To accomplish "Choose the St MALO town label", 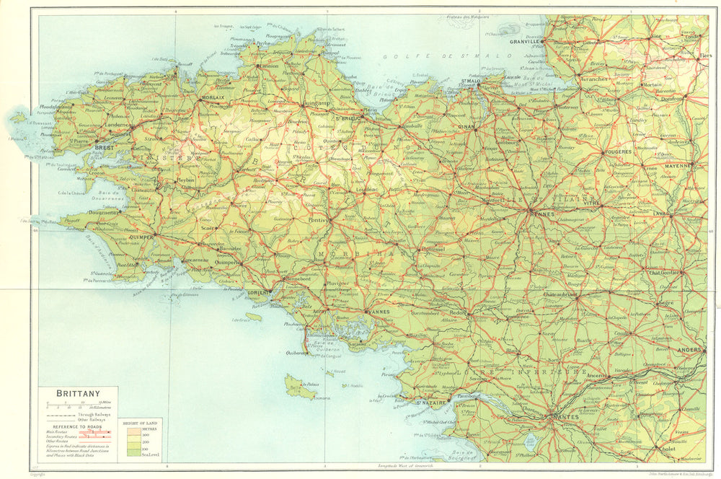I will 470,82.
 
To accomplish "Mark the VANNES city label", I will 378,312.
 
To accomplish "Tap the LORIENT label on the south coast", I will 258,292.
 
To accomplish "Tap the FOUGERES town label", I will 618,152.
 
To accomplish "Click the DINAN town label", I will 466,126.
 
